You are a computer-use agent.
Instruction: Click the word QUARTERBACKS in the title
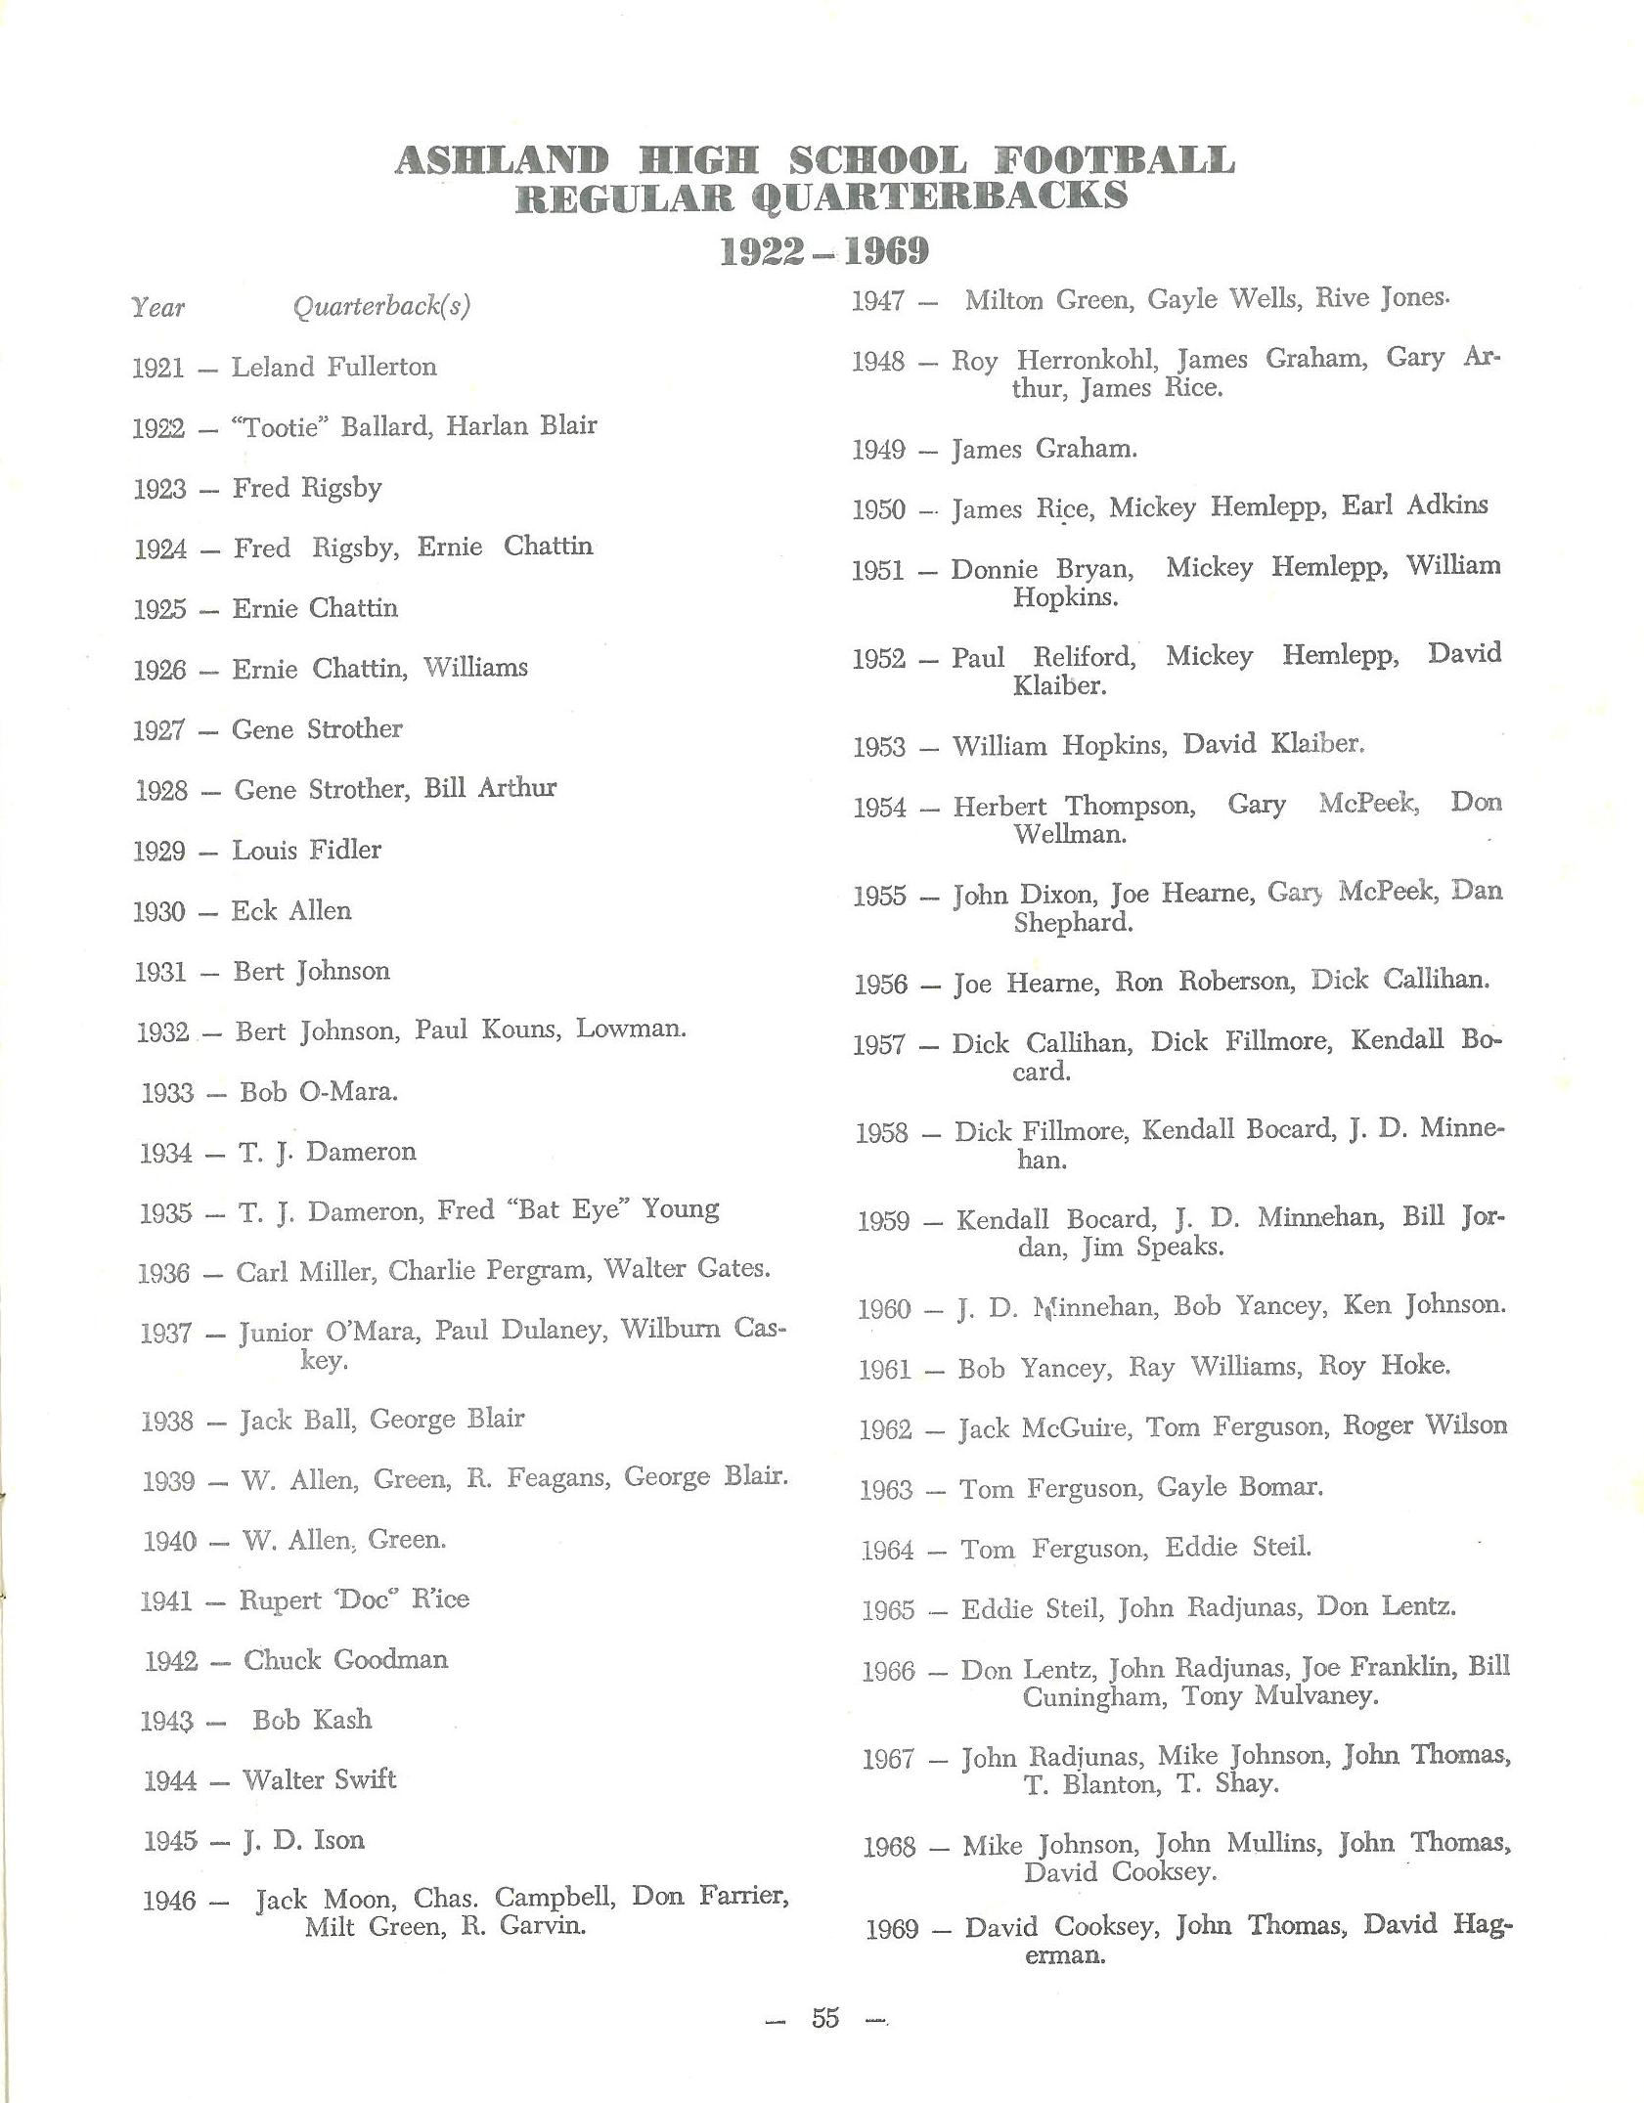tap(940, 197)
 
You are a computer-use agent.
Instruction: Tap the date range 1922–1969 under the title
tap(823, 252)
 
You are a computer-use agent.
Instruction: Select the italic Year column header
tap(157, 308)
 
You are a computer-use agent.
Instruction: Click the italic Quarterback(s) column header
tap(381, 307)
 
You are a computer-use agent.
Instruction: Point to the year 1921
tap(158, 369)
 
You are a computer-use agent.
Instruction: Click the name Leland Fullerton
tap(333, 368)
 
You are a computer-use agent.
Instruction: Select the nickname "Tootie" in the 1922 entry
tap(279, 427)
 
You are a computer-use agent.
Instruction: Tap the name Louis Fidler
tap(306, 850)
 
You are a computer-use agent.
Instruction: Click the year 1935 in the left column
tap(165, 1213)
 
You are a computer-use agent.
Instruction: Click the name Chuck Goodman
tap(345, 1659)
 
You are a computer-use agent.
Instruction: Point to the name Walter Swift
tap(319, 1778)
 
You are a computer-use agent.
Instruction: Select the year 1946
tap(169, 1901)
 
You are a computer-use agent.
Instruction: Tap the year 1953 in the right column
tap(879, 748)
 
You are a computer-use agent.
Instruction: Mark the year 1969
tap(892, 1930)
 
